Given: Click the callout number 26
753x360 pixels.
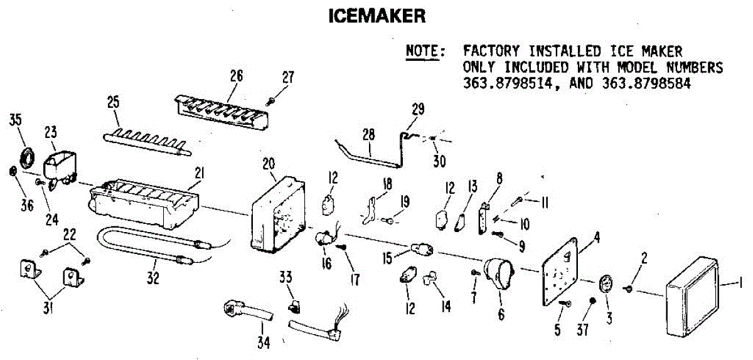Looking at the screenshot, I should pos(236,77).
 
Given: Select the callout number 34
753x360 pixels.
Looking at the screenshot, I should pos(264,342).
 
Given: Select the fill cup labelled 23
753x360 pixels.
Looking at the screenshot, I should pos(58,164).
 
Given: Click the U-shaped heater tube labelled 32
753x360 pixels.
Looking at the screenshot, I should pos(144,248).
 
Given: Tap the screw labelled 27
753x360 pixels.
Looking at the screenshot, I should pos(270,99).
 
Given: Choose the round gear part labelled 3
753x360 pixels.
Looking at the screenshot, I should pos(607,285).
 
